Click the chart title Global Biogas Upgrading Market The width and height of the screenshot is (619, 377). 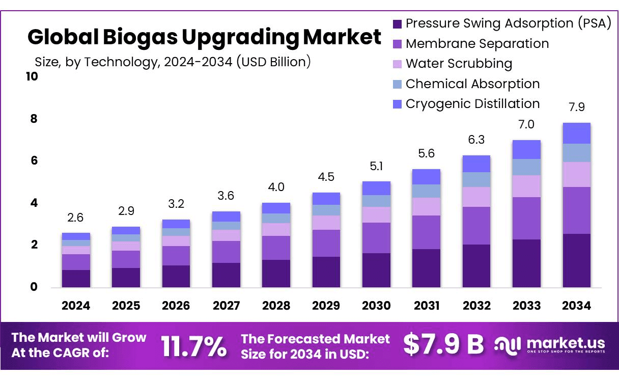[204, 37]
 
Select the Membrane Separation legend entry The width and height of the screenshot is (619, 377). [477, 44]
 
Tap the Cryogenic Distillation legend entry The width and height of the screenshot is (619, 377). [472, 104]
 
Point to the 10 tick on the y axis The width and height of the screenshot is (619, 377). [32, 76]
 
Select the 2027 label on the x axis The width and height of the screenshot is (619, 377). [226, 306]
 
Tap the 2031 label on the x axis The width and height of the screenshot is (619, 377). [427, 306]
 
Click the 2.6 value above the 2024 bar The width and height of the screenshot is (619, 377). [76, 218]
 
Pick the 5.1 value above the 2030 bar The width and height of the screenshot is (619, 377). [376, 166]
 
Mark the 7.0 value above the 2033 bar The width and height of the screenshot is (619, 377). [526, 125]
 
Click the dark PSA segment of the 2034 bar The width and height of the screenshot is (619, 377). [577, 260]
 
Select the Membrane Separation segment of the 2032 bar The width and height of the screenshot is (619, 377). [476, 226]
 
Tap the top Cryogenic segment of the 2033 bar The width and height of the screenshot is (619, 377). [526, 149]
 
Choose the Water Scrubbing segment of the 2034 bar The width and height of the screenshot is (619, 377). [577, 174]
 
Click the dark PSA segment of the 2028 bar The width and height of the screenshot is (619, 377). [276, 274]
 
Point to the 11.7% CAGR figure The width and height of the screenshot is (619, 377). [194, 346]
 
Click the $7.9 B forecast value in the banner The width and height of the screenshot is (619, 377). [443, 344]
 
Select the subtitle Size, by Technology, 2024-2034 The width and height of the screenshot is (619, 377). [173, 62]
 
